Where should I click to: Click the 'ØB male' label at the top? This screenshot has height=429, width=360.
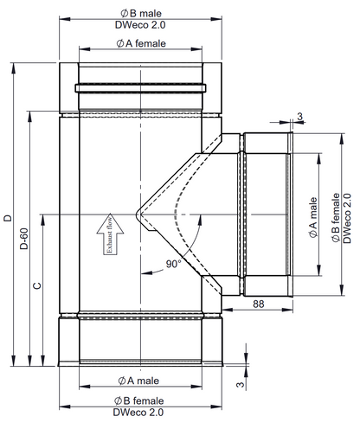click(140, 12)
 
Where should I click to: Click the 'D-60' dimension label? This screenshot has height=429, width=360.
click(24, 237)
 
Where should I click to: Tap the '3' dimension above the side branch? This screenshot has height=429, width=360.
click(299, 116)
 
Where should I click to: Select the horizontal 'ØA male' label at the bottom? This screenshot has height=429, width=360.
click(140, 380)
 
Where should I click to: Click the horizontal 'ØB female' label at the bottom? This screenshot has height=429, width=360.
click(140, 401)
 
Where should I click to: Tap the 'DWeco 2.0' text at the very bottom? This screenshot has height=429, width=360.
click(140, 413)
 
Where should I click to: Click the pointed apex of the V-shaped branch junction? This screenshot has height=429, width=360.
click(136, 213)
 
